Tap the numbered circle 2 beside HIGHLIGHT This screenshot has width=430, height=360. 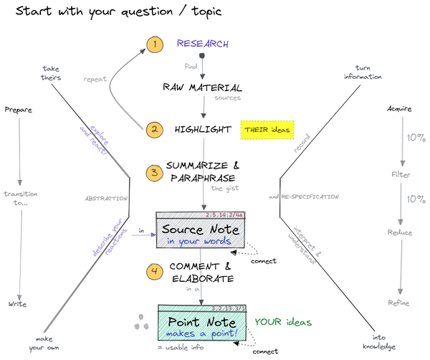point(153,130)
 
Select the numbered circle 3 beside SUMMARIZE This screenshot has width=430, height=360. point(153,173)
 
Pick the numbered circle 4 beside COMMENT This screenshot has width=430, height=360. point(153,271)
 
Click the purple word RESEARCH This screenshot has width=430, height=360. point(203,44)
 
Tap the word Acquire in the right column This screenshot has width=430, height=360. point(400,110)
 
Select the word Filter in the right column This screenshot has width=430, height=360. point(400,174)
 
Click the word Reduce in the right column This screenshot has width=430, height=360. point(400,232)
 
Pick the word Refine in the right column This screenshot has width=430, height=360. point(400,303)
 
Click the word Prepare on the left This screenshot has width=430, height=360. point(19,110)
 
